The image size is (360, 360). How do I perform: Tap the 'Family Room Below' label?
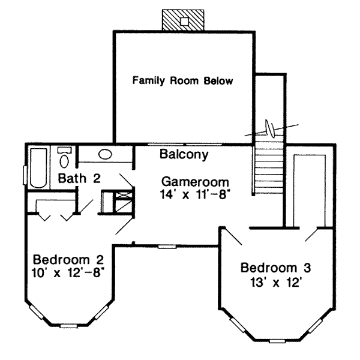(182, 80)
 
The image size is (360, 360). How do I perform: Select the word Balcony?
(184, 155)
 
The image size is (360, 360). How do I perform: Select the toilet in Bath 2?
(64, 158)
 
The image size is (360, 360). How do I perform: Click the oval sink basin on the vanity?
(105, 154)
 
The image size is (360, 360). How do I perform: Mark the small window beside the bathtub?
(25, 174)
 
